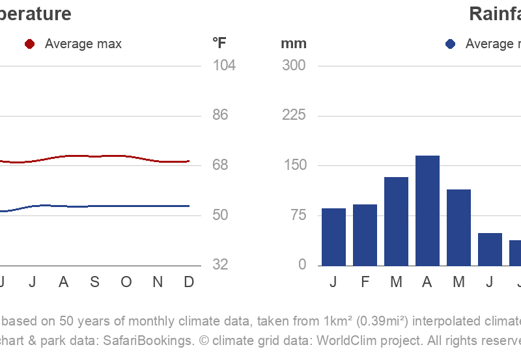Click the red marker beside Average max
tap(29, 44)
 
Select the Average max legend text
tap(83, 44)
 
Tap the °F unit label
tap(219, 44)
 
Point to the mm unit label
tap(293, 44)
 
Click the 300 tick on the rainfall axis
tap(293, 65)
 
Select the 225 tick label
tap(293, 115)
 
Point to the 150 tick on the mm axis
tap(293, 165)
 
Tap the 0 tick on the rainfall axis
tap(302, 265)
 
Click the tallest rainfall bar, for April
tap(427, 210)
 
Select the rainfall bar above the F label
tap(365, 235)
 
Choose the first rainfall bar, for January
tap(333, 237)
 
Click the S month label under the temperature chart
tap(94, 282)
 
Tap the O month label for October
tap(126, 282)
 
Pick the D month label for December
tap(189, 282)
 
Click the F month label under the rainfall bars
tap(365, 282)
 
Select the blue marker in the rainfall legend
tap(450, 44)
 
